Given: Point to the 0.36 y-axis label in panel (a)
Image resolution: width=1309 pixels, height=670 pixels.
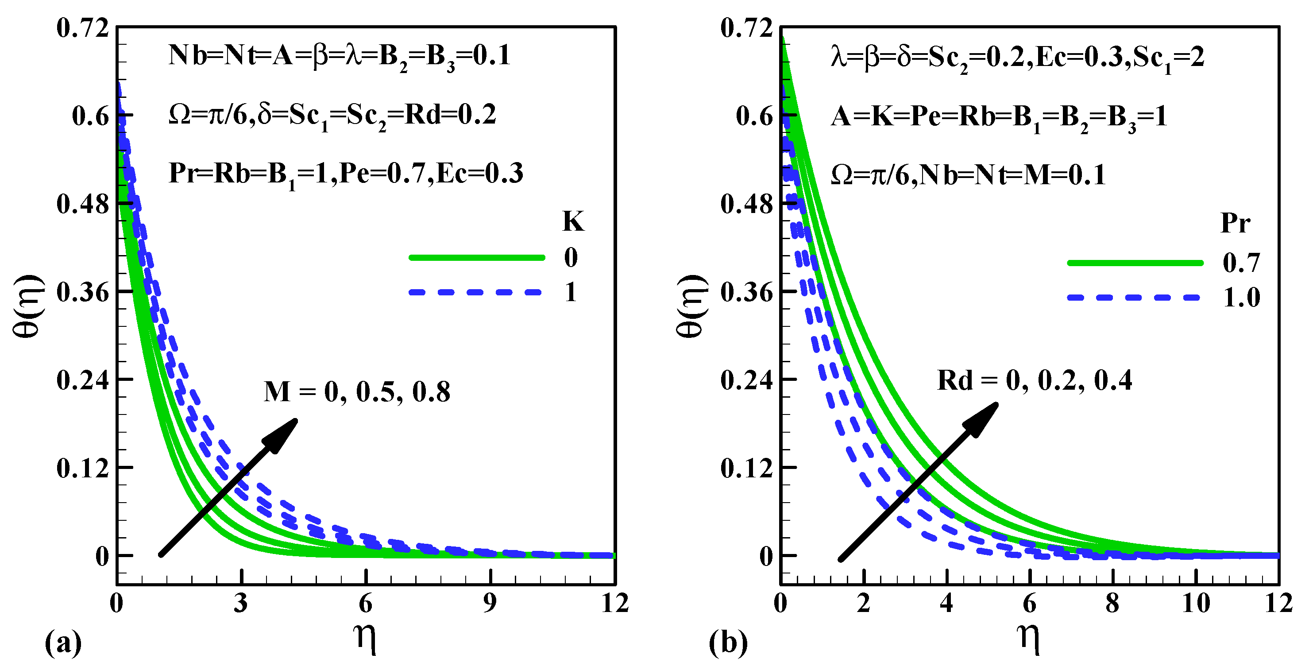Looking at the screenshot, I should pos(83,292).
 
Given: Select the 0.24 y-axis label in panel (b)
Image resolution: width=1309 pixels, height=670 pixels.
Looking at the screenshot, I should pos(746,380).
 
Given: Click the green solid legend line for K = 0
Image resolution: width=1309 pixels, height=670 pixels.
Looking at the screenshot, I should pos(477,258).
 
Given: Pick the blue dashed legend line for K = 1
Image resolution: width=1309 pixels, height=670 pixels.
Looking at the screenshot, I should pos(477,292).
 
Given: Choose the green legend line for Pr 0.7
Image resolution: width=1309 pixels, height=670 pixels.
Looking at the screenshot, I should pos(1135,263).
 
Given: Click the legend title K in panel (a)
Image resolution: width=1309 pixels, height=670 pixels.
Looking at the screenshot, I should pos(573,222).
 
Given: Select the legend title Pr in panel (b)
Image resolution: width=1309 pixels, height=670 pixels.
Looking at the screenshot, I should pos(1236,223).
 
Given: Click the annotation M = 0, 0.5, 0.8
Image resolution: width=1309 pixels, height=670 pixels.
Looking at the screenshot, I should pos(357,392).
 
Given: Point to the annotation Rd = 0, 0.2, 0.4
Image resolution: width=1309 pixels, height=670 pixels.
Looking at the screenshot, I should pos(1034,381).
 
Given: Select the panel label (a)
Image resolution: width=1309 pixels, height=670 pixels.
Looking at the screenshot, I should pos(63,643).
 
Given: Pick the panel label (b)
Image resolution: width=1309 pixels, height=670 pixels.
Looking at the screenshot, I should pos(728,643).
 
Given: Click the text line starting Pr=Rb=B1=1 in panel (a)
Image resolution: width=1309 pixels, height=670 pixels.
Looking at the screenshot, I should pos(346,174).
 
